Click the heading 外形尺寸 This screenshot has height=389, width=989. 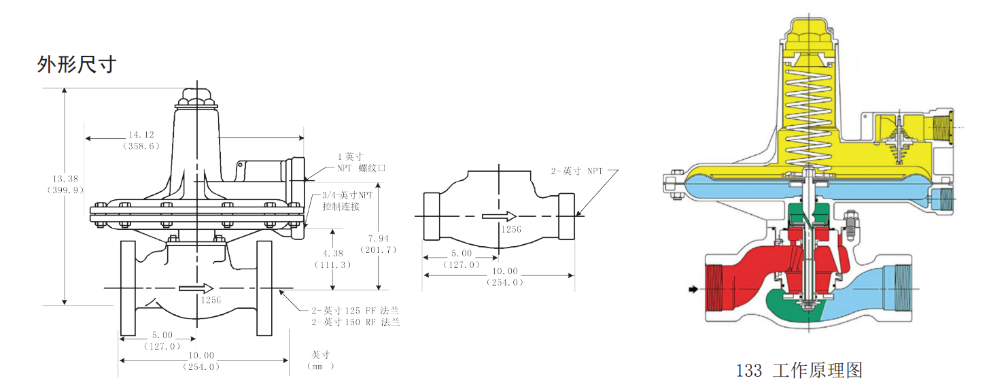click(x=76, y=65)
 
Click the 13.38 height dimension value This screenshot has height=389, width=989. click(x=65, y=179)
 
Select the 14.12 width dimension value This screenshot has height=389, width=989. click(x=141, y=135)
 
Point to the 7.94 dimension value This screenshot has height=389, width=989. click(x=379, y=239)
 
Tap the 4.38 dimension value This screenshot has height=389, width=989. click(x=332, y=254)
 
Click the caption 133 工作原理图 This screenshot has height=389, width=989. click(x=799, y=370)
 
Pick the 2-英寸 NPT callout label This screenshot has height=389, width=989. click(x=576, y=171)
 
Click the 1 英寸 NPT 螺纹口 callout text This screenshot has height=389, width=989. click(x=361, y=162)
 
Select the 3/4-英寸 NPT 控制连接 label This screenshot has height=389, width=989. click(x=347, y=201)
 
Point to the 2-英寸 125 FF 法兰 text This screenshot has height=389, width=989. click(x=355, y=311)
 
